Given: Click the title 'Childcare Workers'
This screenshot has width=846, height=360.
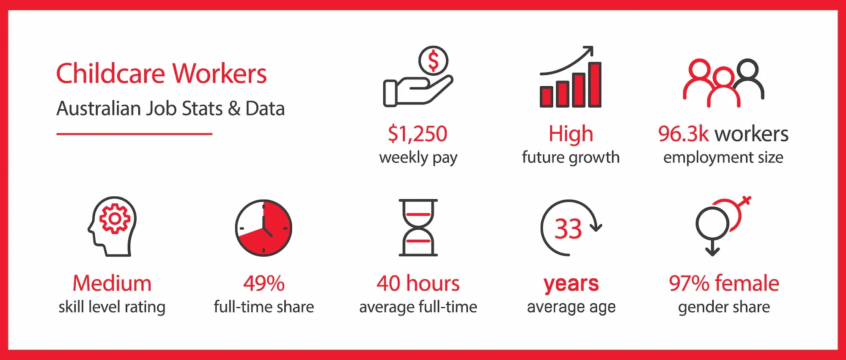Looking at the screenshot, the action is (x=161, y=74).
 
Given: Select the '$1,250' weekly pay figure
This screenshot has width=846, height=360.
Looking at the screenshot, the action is (x=418, y=134).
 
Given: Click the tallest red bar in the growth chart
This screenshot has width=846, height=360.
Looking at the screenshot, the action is (x=595, y=85).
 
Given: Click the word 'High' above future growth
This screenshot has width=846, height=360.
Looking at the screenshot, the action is (x=571, y=134).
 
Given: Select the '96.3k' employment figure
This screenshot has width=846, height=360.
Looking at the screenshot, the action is (x=683, y=134).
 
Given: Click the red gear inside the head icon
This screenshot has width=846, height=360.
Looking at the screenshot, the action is (x=114, y=218).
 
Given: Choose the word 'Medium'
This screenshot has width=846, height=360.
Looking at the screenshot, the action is (x=112, y=283).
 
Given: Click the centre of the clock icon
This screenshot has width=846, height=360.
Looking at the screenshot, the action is (x=264, y=228).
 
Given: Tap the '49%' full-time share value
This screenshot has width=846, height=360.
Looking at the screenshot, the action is (x=264, y=283).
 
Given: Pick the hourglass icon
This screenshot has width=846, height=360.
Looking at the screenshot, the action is (x=418, y=228).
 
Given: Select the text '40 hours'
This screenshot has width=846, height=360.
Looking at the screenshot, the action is (x=418, y=283).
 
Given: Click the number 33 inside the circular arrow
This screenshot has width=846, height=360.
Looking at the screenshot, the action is (x=568, y=229).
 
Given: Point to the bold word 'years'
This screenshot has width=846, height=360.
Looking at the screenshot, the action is (x=571, y=283).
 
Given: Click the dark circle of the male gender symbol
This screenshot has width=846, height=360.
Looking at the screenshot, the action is (x=713, y=223).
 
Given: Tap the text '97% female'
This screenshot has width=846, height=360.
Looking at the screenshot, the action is (x=724, y=283).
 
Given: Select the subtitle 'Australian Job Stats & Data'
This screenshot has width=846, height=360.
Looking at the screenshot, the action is (x=170, y=109).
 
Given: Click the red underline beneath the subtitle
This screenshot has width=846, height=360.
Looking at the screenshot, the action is (x=135, y=134).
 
